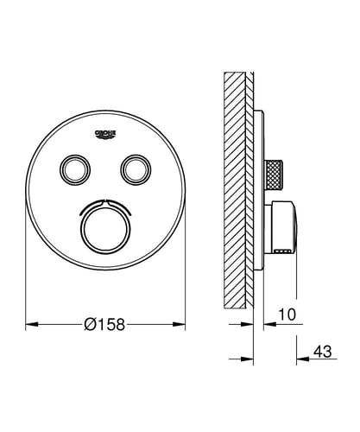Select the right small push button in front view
(136, 168)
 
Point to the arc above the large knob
(106, 204)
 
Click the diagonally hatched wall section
(235, 173)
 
